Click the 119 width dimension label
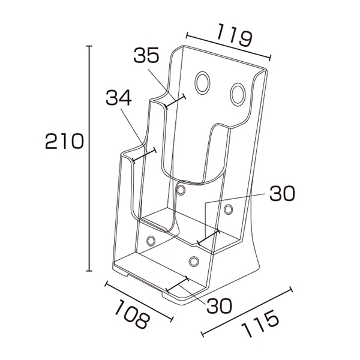(x=234, y=35)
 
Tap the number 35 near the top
(x=146, y=55)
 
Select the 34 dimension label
(x=118, y=97)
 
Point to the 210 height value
(x=64, y=141)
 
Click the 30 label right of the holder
(x=282, y=193)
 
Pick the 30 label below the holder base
(x=219, y=306)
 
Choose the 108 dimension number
(x=133, y=314)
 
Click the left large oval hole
(x=202, y=83)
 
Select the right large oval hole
(x=238, y=95)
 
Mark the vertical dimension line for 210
(x=89, y=158)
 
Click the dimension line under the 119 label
(x=229, y=47)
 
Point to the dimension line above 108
(x=139, y=301)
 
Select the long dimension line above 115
(x=247, y=311)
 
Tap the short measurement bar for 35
(x=175, y=101)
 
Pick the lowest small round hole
(x=194, y=262)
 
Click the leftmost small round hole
(x=151, y=241)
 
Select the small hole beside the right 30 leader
(x=228, y=209)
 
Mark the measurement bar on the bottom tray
(x=177, y=285)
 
